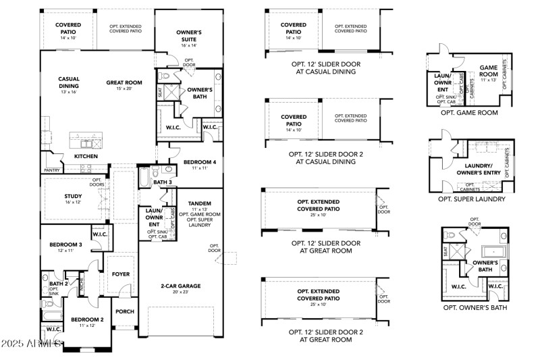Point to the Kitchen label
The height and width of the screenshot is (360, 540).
86,156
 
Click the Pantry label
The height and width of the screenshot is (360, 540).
52,170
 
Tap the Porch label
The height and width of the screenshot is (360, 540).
124,311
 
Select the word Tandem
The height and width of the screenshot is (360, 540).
199,203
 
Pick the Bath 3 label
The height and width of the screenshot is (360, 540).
163,182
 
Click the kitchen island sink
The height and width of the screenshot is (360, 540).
88,143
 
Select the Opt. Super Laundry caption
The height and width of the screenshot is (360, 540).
471,199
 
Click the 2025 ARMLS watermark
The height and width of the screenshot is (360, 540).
32,344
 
